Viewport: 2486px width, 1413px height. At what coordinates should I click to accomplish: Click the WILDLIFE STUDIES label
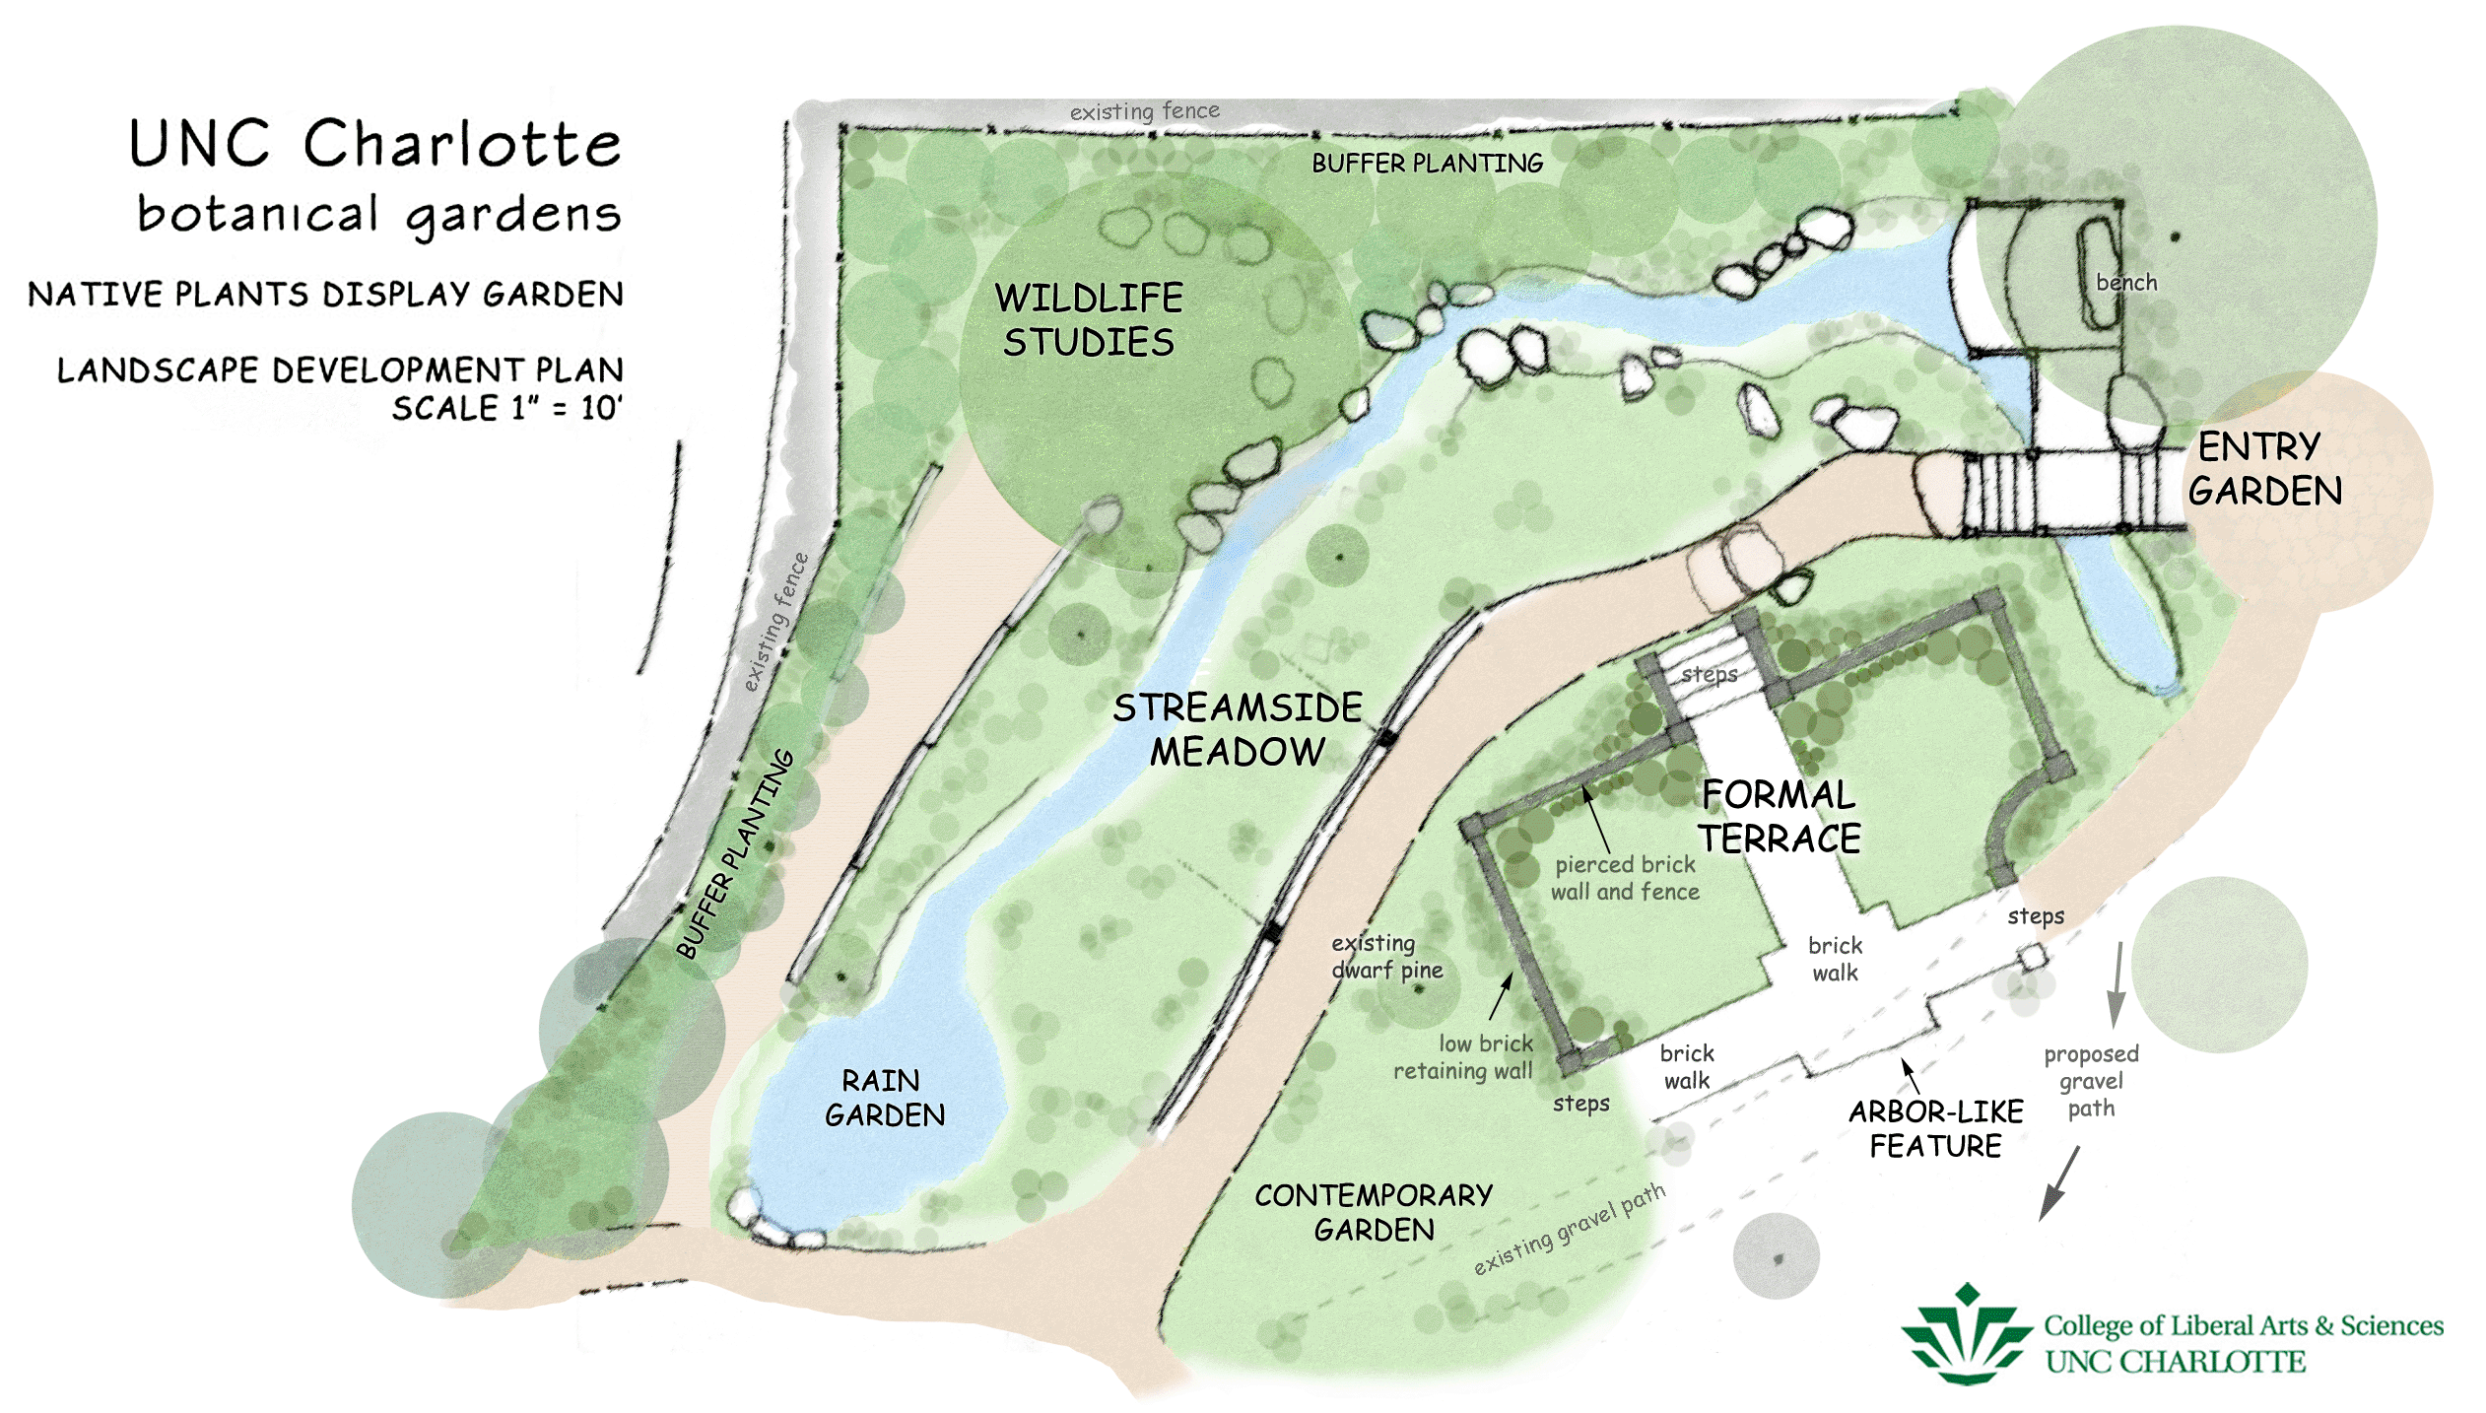click(1089, 319)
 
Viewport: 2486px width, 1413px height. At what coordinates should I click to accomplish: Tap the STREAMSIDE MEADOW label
click(1238, 729)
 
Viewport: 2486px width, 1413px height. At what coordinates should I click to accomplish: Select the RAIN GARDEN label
click(884, 1098)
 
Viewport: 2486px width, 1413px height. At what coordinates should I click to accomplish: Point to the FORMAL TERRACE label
click(1780, 816)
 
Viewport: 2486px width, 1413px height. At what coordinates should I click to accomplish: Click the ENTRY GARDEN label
click(2264, 469)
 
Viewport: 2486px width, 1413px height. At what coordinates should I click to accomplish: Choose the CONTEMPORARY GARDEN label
click(1374, 1212)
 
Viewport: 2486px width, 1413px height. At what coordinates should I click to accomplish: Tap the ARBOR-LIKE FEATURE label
click(1935, 1128)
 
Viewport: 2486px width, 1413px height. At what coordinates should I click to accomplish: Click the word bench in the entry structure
click(2126, 283)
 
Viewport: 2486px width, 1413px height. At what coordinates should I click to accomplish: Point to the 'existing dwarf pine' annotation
click(1386, 956)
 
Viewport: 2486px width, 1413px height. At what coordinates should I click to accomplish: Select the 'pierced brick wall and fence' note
click(1625, 878)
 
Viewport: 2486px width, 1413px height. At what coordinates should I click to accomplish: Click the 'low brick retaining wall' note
click(1462, 1057)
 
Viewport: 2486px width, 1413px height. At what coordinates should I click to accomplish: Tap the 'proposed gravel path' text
click(2091, 1081)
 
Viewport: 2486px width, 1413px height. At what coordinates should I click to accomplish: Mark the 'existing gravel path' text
click(1570, 1229)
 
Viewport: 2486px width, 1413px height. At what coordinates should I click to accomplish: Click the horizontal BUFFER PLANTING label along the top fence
click(1427, 164)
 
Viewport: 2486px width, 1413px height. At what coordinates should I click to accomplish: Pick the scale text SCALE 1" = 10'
click(506, 408)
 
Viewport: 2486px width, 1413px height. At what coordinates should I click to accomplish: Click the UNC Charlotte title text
click(374, 144)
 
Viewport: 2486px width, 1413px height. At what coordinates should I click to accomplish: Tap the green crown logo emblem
click(1966, 1335)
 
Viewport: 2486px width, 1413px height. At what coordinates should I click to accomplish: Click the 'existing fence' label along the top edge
click(1144, 111)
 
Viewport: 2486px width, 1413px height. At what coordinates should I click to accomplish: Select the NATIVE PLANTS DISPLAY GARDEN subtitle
click(325, 294)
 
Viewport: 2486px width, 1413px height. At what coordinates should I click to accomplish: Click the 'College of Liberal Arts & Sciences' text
click(2243, 1325)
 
